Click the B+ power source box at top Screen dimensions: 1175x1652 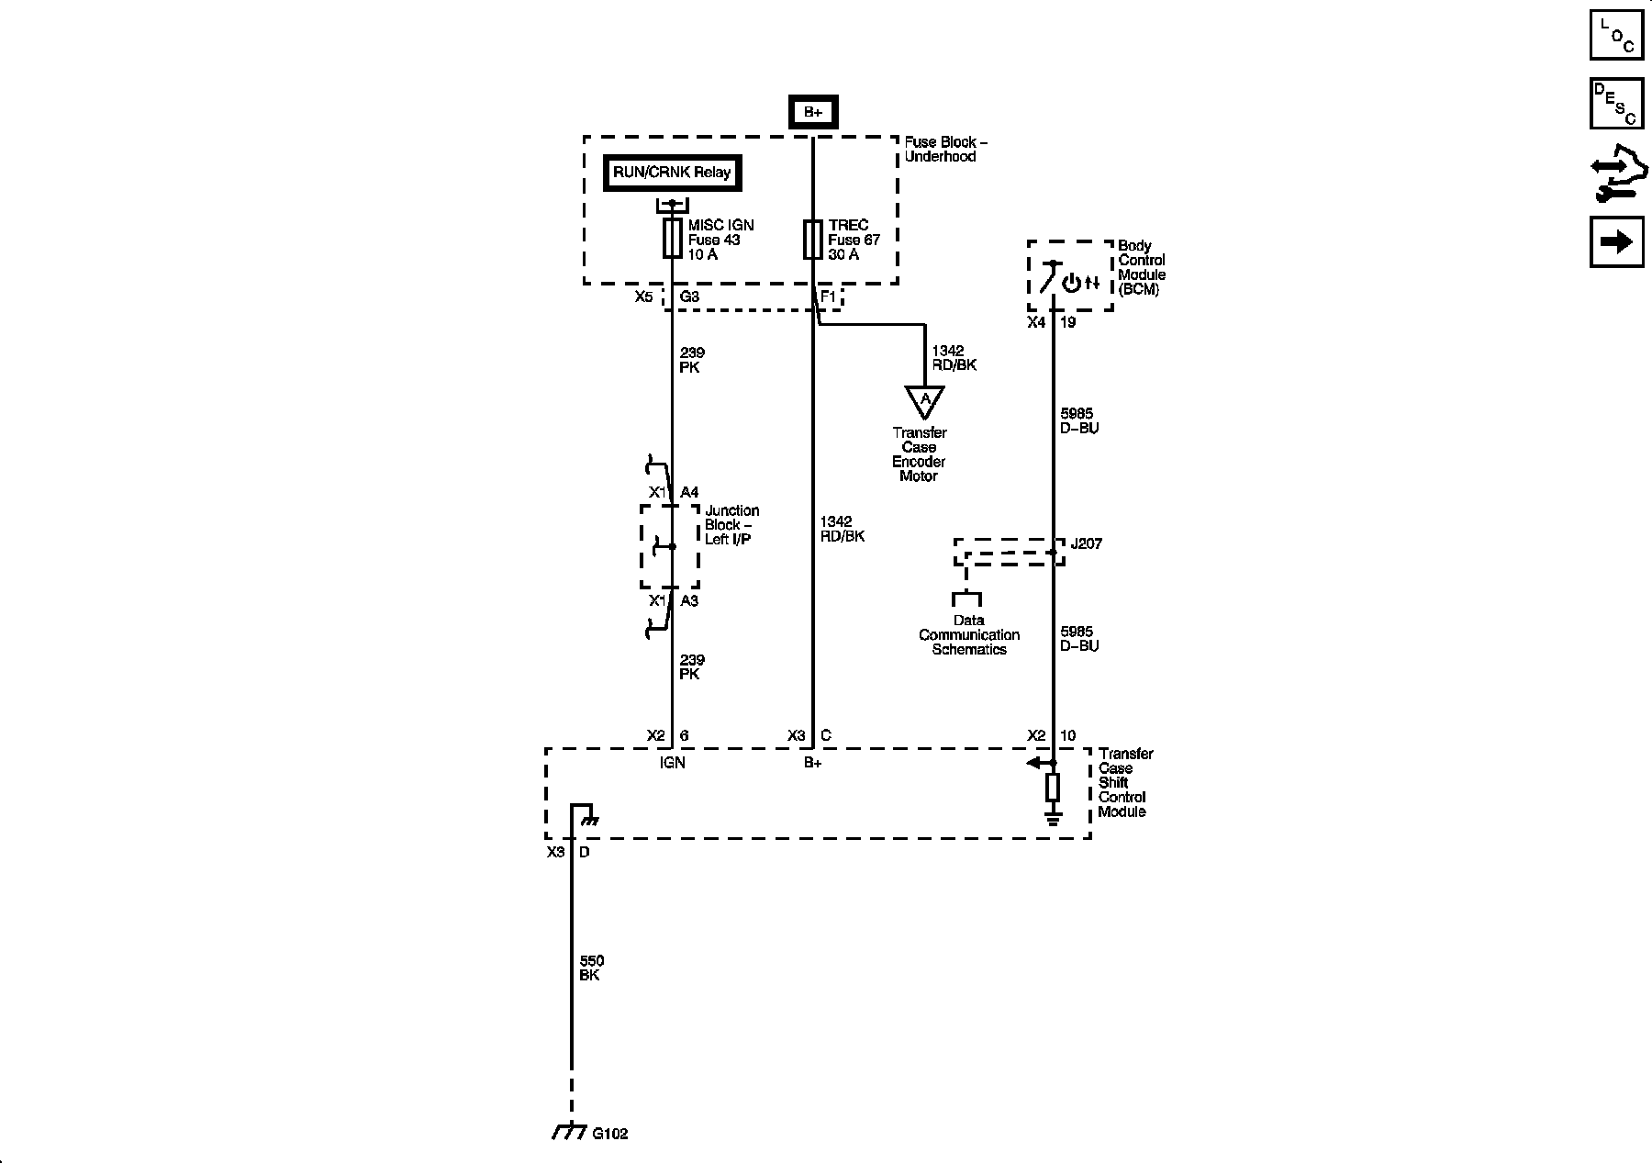coord(813,112)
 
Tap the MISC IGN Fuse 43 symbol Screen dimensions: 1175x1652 coord(672,239)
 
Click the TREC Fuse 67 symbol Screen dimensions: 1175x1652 coord(812,239)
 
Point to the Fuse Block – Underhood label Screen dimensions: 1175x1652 coord(945,149)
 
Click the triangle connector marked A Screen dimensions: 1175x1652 coord(925,400)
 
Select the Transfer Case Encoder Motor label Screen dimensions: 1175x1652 coord(919,454)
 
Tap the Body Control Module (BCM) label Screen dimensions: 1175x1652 coord(1142,267)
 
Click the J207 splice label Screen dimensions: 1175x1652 coord(1087,543)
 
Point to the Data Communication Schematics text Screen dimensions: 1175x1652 coord(969,634)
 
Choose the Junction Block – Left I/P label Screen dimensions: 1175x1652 coord(731,524)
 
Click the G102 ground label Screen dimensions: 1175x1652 coord(610,1133)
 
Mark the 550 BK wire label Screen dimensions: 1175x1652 coord(591,968)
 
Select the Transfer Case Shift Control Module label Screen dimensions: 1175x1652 coord(1124,782)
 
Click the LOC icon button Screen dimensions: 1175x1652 coord(1615,35)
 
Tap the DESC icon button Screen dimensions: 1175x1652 coord(1615,103)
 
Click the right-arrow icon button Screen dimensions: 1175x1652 coord(1615,241)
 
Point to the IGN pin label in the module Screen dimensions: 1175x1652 coord(672,762)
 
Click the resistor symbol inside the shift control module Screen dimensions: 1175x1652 coord(1053,787)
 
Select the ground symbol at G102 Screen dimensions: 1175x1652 coord(569,1132)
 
